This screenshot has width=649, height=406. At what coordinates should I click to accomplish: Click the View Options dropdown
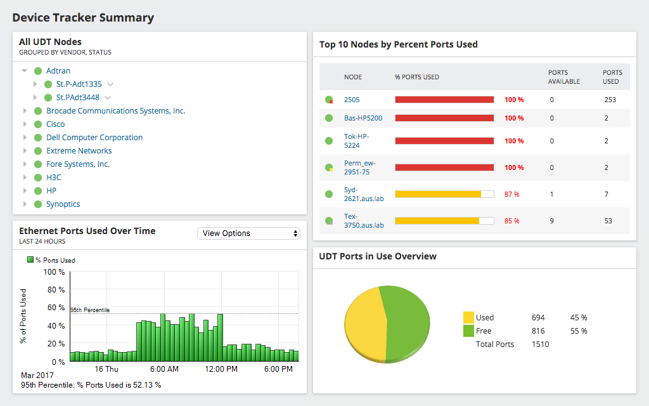tap(248, 233)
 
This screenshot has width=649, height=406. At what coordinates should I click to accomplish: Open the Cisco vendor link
tap(55, 124)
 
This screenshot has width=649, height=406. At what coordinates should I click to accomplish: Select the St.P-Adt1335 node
tap(79, 84)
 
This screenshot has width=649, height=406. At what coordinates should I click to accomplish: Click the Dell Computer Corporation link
tap(94, 138)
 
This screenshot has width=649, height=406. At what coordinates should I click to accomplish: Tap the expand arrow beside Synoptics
tap(25, 204)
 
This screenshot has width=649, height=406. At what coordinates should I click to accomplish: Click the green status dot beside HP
tap(37, 191)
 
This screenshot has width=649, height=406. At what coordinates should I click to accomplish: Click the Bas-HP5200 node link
tap(363, 118)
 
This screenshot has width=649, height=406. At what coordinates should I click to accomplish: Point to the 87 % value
tap(511, 194)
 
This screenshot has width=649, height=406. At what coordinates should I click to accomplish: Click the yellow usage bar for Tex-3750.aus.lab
tap(437, 221)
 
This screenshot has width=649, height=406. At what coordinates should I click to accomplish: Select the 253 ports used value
tap(610, 100)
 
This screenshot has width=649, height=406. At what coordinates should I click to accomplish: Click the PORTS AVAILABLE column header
tap(563, 77)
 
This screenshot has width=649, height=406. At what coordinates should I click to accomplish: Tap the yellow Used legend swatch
tap(468, 317)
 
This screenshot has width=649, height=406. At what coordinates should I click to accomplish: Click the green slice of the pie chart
tap(406, 320)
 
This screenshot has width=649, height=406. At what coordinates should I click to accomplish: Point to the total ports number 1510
tap(540, 344)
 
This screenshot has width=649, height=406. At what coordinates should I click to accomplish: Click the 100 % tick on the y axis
tap(53, 272)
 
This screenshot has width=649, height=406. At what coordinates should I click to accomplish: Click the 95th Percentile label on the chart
tap(89, 310)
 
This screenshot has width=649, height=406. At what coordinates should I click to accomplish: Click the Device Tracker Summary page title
tap(83, 18)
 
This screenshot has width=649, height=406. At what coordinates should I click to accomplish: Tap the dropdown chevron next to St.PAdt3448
tap(108, 98)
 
